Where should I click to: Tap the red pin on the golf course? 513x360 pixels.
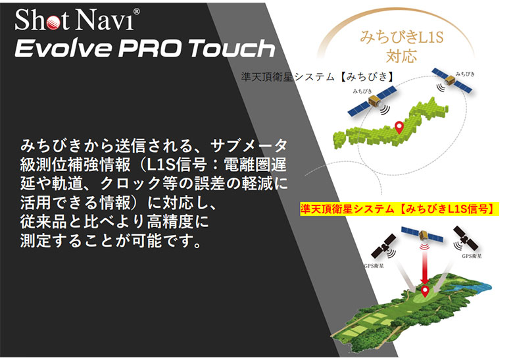426,289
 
